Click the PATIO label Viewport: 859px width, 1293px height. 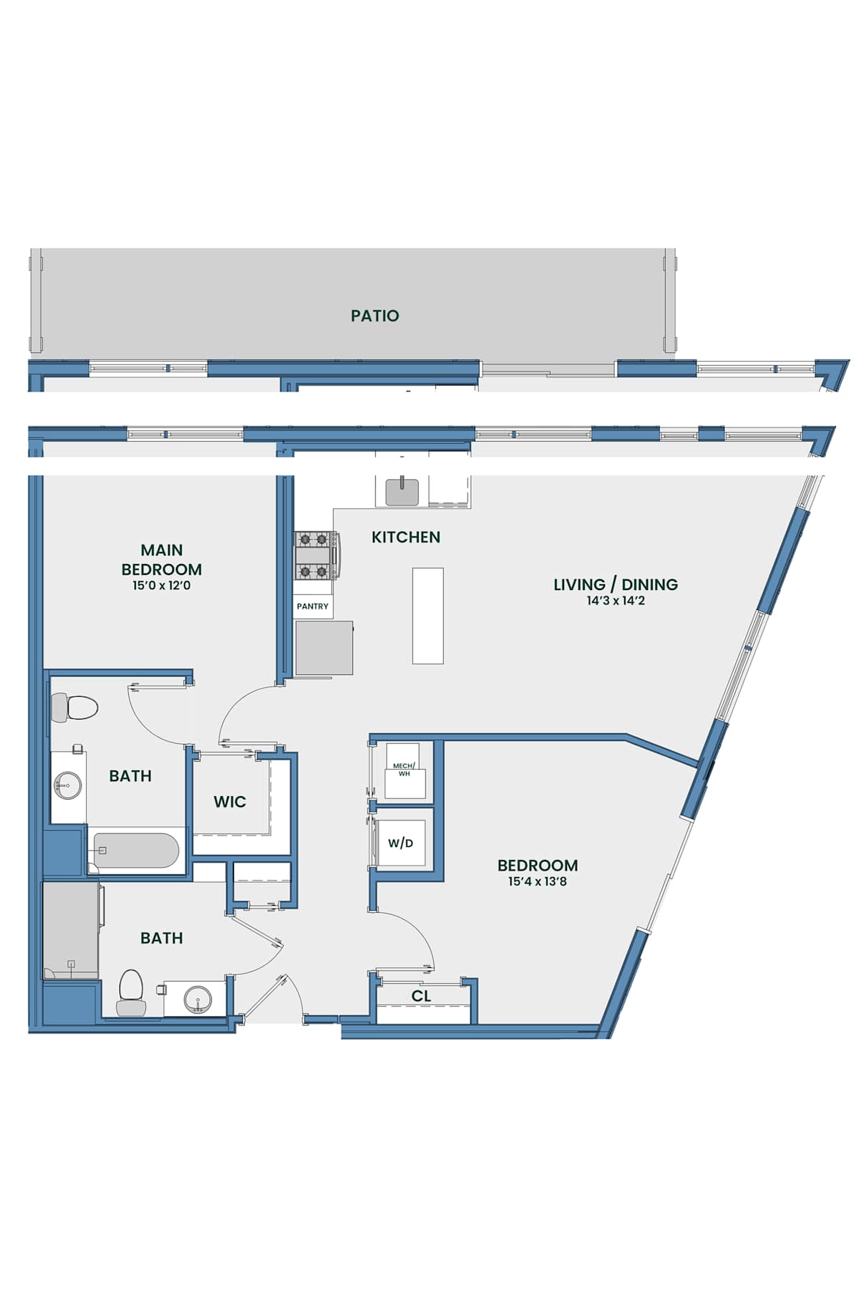[x=374, y=316]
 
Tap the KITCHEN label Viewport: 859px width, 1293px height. [x=406, y=537]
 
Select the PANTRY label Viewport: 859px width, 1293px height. [x=313, y=606]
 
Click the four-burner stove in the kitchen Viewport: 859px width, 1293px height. [x=316, y=555]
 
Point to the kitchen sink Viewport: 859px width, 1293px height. [x=403, y=492]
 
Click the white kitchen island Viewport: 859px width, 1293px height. [x=428, y=616]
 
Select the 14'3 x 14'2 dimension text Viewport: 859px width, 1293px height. [x=616, y=601]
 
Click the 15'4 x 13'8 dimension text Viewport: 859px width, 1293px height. [x=538, y=881]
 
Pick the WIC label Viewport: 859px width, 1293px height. [x=230, y=802]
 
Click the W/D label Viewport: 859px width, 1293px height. [x=401, y=843]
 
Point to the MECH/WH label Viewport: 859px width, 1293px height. [x=404, y=770]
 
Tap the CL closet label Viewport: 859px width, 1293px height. [x=422, y=996]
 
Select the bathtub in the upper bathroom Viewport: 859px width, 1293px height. [x=136, y=851]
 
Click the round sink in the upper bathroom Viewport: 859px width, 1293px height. [x=67, y=785]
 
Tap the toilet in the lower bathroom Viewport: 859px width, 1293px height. [x=132, y=992]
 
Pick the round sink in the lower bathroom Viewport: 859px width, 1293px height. [x=197, y=999]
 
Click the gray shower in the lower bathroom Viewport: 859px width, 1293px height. [x=71, y=930]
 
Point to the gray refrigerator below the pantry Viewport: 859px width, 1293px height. [x=324, y=648]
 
